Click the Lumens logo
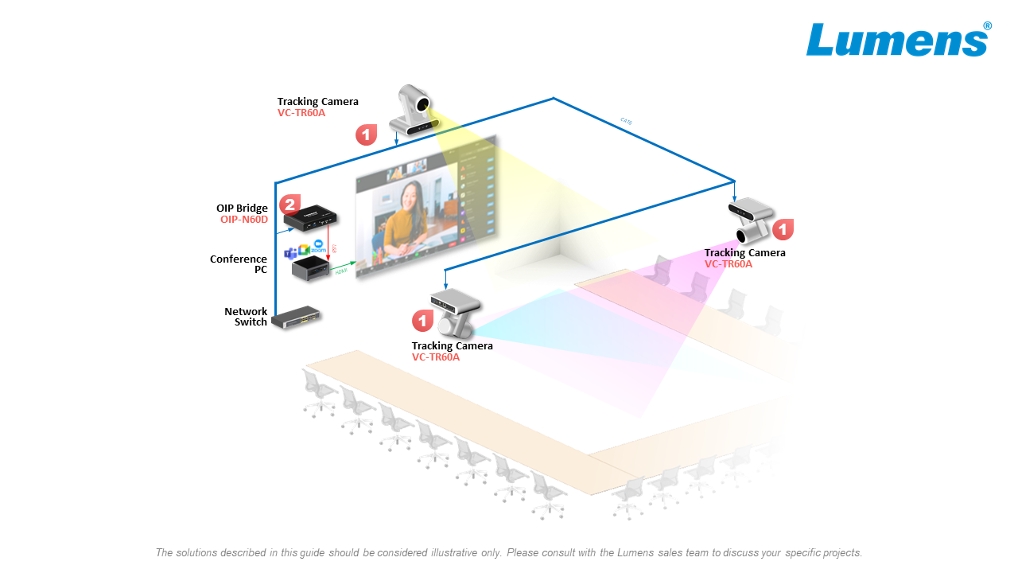pos(898,40)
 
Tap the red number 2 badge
pos(289,205)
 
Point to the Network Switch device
pos(296,318)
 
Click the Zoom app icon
pos(320,247)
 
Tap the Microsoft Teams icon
pos(290,252)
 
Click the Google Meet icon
pos(304,250)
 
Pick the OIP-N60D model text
pos(244,220)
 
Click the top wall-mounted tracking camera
pos(414,111)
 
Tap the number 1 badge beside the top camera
pos(366,134)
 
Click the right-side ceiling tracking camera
pos(750,219)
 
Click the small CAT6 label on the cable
pos(626,121)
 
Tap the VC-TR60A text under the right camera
pos(728,264)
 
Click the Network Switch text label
pos(246,317)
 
